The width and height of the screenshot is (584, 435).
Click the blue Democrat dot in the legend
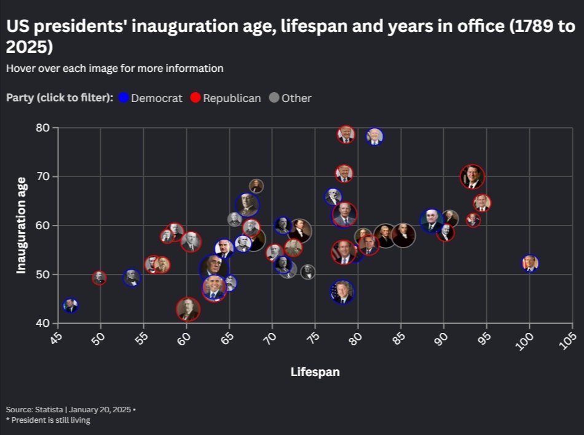(x=124, y=98)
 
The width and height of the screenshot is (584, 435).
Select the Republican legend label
(x=232, y=98)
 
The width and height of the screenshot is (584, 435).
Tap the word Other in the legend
(x=296, y=98)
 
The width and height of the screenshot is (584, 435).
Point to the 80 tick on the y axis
(x=43, y=128)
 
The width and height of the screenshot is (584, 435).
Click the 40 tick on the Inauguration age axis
(x=43, y=323)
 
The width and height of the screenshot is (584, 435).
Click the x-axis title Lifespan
(x=315, y=372)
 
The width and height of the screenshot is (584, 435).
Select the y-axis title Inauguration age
(x=21, y=225)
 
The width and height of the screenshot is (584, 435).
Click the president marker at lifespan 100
(x=530, y=263)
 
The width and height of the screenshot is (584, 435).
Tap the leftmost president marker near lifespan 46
(x=71, y=305)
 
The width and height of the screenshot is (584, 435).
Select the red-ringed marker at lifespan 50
(x=100, y=278)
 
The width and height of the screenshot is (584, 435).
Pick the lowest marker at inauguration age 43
(x=188, y=310)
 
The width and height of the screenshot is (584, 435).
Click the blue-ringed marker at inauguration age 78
(x=375, y=136)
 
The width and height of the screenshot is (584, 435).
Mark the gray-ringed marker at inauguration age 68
(x=256, y=186)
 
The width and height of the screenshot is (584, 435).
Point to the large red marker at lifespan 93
(x=472, y=177)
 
